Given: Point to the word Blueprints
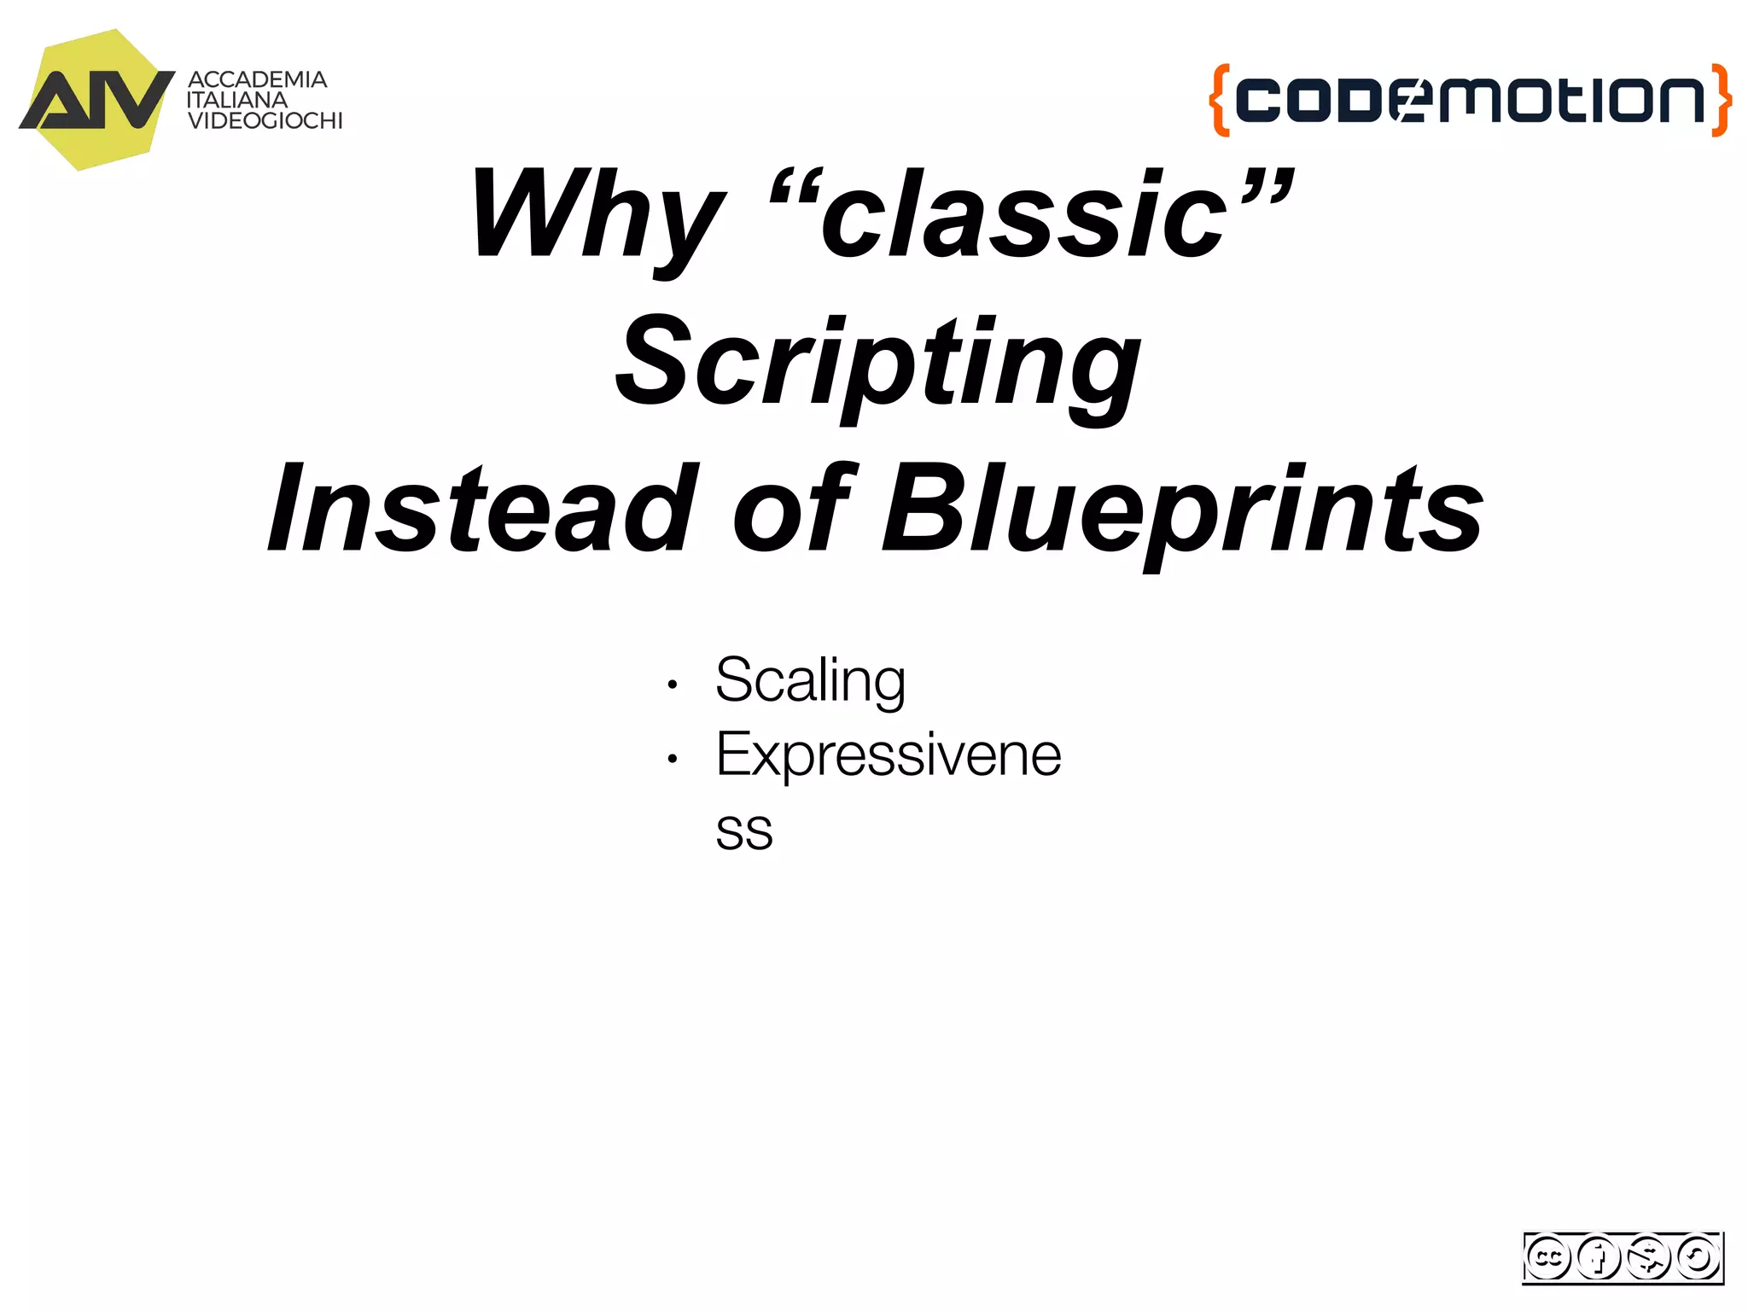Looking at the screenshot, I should click(1181, 509).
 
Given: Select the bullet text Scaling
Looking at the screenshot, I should click(810, 681).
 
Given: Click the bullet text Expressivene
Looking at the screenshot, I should click(889, 755).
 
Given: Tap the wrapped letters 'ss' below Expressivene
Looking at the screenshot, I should click(744, 830).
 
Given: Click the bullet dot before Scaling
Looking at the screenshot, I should click(673, 685).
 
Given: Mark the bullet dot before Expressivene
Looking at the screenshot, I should click(673, 758).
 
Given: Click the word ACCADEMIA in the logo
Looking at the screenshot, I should click(257, 79).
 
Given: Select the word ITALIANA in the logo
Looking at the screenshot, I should click(237, 100).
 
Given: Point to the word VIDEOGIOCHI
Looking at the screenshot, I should click(265, 121).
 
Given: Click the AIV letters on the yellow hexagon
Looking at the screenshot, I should click(96, 100).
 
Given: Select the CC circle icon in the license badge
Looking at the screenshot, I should click(1548, 1257).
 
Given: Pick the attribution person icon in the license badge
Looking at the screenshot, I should click(1598, 1257).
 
